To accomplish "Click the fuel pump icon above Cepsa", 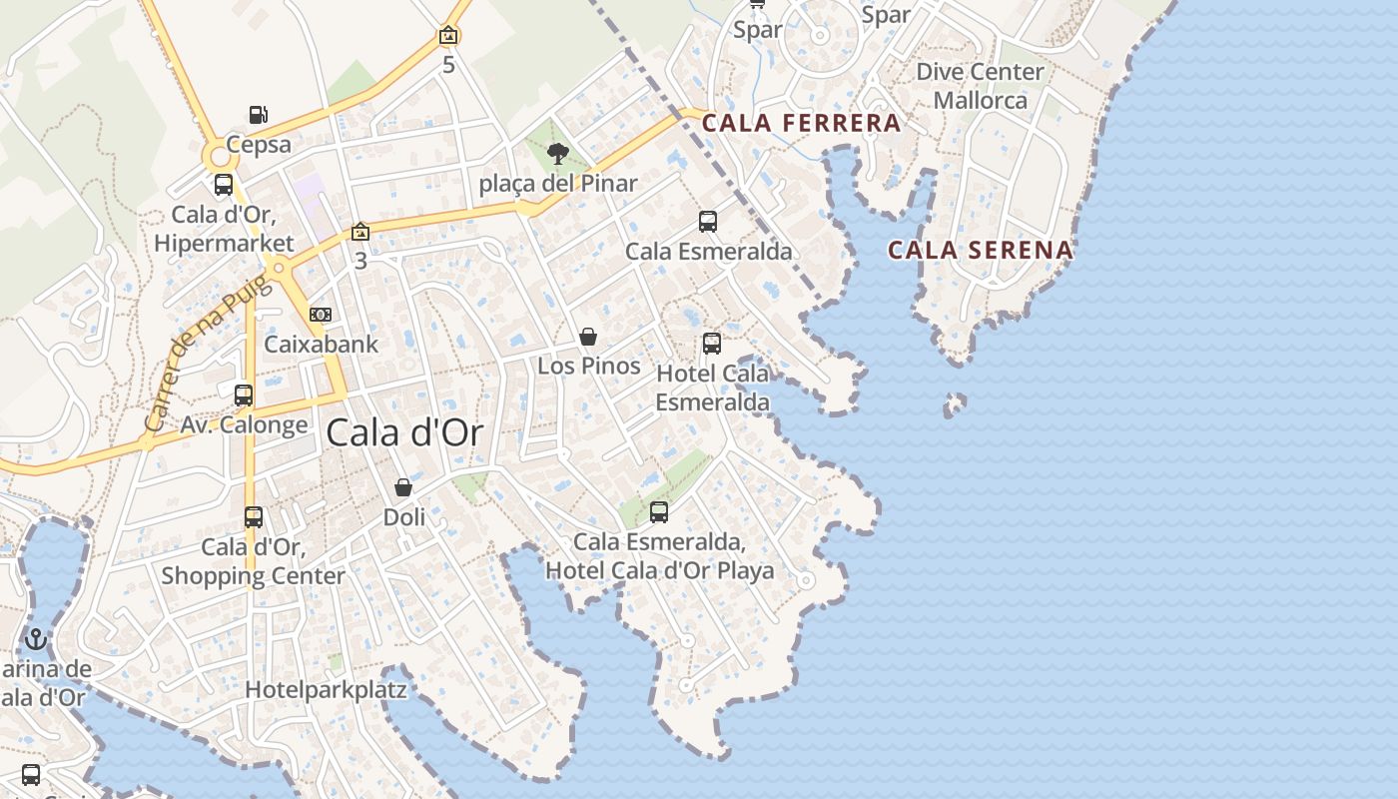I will [258, 115].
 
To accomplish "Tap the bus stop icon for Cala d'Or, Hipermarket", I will [224, 185].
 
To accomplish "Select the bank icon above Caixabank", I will [321, 315].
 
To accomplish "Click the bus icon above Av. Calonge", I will [244, 396].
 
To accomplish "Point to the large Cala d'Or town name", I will [404, 432].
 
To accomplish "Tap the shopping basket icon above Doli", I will [403, 487].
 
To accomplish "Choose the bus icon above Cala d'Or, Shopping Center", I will [254, 517].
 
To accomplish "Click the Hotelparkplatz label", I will [326, 689].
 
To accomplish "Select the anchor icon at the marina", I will [37, 639].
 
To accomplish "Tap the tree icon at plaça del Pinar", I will [558, 154].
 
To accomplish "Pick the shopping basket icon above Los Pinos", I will [588, 337].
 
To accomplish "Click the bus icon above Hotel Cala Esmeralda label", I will [712, 344].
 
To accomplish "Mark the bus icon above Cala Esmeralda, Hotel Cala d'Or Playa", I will [659, 512].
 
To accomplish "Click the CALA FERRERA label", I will [801, 124].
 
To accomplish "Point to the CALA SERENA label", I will [981, 250].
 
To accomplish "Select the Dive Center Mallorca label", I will [980, 86].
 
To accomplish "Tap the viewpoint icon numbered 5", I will [449, 36].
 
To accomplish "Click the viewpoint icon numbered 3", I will [360, 233].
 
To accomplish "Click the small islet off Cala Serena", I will [956, 403].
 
